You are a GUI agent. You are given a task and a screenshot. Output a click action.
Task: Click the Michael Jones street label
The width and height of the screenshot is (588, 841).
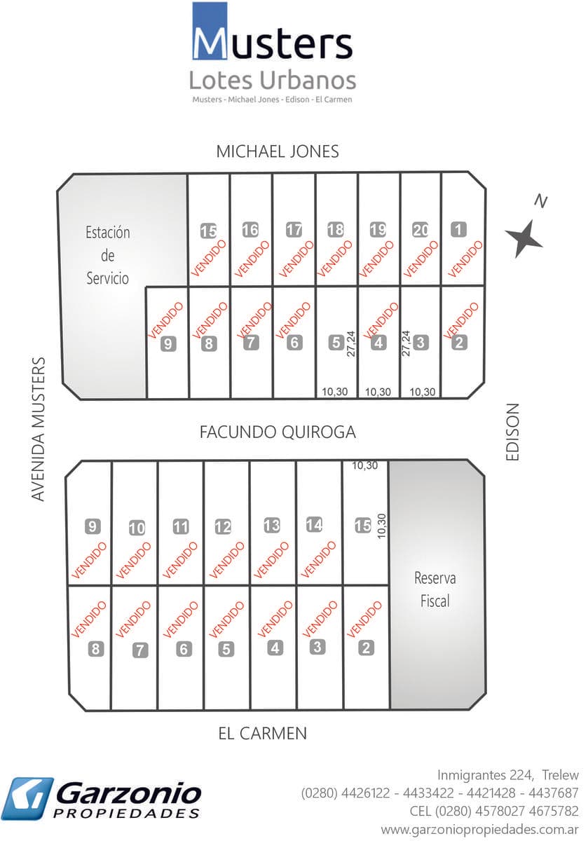(x=278, y=151)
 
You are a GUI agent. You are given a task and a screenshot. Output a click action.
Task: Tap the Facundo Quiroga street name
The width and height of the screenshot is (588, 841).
(x=278, y=432)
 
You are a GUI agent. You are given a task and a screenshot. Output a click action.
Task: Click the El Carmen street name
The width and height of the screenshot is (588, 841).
(x=263, y=734)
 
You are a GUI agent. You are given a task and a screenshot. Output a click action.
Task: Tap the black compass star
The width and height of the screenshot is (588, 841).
(x=525, y=238)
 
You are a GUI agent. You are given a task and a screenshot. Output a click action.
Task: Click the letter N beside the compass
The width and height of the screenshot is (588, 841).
(x=540, y=202)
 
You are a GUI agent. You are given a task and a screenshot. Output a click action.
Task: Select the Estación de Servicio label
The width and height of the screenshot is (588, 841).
(x=108, y=255)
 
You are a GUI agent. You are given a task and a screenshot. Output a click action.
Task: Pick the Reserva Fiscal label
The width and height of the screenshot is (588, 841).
(x=435, y=589)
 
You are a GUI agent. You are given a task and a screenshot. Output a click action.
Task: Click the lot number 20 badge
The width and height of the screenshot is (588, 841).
(x=421, y=229)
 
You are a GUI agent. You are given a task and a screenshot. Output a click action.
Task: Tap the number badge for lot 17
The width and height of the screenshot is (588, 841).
(x=294, y=229)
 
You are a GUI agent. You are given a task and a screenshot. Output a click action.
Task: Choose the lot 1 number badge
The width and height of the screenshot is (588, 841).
(x=459, y=228)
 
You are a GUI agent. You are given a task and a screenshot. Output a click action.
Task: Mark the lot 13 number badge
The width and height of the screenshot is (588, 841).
(x=272, y=525)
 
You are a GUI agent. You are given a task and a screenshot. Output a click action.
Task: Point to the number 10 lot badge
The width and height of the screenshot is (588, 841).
(x=137, y=528)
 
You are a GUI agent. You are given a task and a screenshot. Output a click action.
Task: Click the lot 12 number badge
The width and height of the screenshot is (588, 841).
(x=223, y=527)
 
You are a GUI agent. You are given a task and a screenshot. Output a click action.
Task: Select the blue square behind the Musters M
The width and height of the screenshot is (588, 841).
(x=210, y=31)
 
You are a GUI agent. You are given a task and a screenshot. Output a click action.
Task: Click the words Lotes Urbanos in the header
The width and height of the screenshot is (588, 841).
(x=273, y=80)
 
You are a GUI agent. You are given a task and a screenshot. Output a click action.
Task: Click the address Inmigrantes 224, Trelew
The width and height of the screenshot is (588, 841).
(x=508, y=775)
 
